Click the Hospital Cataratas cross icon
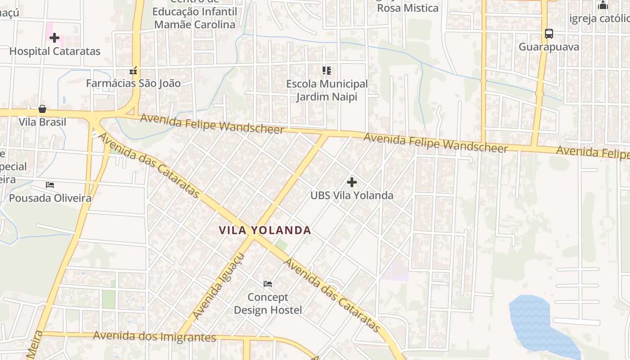pyautogui.click(x=54, y=38)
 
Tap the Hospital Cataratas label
pyautogui.click(x=54, y=51)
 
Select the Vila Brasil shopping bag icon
pyautogui.click(x=42, y=109)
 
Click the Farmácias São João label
pyautogui.click(x=133, y=83)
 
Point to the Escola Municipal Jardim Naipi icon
pyautogui.click(x=327, y=71)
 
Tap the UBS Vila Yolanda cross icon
pyautogui.click(x=352, y=182)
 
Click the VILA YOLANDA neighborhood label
pyautogui.click(x=265, y=230)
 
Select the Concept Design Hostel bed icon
pyautogui.click(x=268, y=284)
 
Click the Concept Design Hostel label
pyautogui.click(x=268, y=303)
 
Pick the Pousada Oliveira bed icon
pyautogui.click(x=50, y=185)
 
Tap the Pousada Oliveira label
pyautogui.click(x=50, y=198)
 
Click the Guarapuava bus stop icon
pyautogui.click(x=549, y=34)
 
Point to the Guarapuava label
pyautogui.click(x=549, y=47)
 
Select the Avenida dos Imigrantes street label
pyautogui.click(x=155, y=337)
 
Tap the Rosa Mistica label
pyautogui.click(x=408, y=8)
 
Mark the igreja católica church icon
pyautogui.click(x=603, y=5)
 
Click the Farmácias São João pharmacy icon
pyautogui.click(x=133, y=71)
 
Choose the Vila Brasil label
pyautogui.click(x=42, y=122)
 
